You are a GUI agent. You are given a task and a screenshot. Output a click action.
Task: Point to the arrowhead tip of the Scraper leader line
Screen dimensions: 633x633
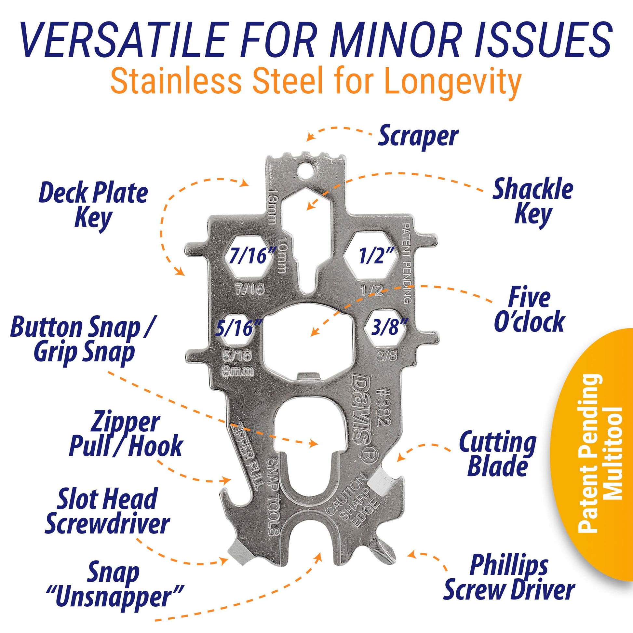[x=306, y=141]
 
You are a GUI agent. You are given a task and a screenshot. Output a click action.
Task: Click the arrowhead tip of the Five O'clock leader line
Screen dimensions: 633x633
[x=311, y=336]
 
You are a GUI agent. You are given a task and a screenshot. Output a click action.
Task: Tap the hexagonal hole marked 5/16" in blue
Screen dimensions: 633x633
[x=237, y=329]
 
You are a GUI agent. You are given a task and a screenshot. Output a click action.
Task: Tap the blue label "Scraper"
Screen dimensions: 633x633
[x=418, y=136]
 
